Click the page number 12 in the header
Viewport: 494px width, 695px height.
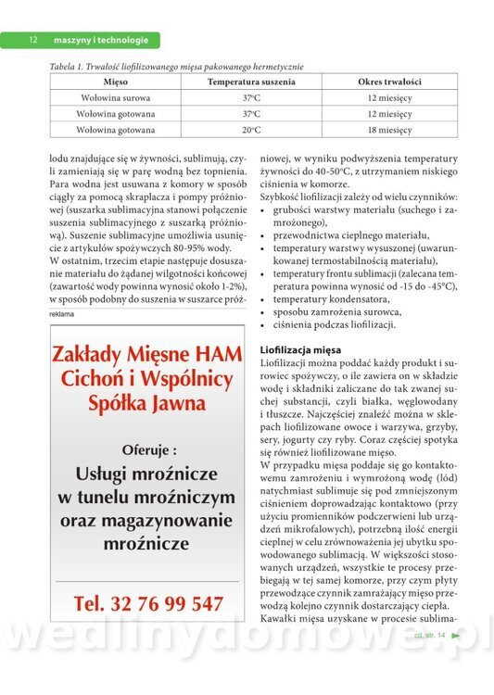(32, 40)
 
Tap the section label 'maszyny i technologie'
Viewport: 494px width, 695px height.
(101, 40)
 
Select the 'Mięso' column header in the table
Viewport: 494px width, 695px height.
(116, 82)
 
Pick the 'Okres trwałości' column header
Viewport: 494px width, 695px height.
(389, 82)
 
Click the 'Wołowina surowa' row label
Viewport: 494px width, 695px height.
(116, 97)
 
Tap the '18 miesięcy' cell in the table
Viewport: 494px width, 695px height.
(389, 131)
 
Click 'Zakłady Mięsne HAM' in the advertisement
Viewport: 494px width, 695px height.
(147, 355)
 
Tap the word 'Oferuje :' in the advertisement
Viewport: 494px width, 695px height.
(147, 449)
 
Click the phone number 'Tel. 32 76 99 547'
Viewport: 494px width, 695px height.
(148, 603)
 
